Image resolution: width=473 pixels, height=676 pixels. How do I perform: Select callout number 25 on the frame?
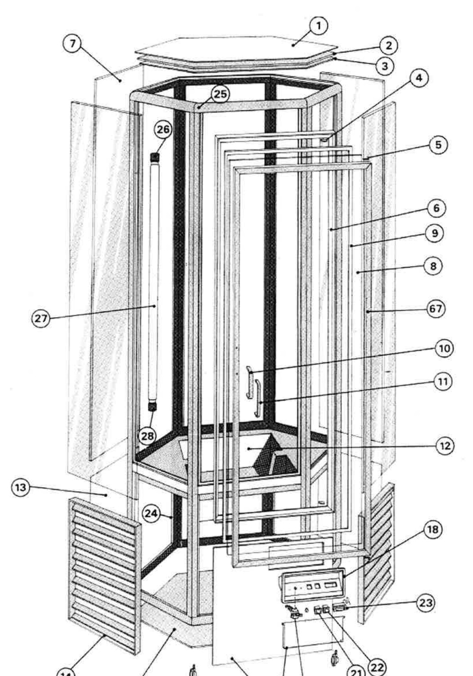point(220,94)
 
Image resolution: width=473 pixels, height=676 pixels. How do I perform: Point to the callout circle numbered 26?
point(163,130)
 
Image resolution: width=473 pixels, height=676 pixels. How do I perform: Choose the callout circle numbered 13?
point(20,488)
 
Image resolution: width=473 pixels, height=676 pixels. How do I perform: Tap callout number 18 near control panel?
point(432,530)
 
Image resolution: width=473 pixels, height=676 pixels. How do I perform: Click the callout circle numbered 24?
point(152,513)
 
